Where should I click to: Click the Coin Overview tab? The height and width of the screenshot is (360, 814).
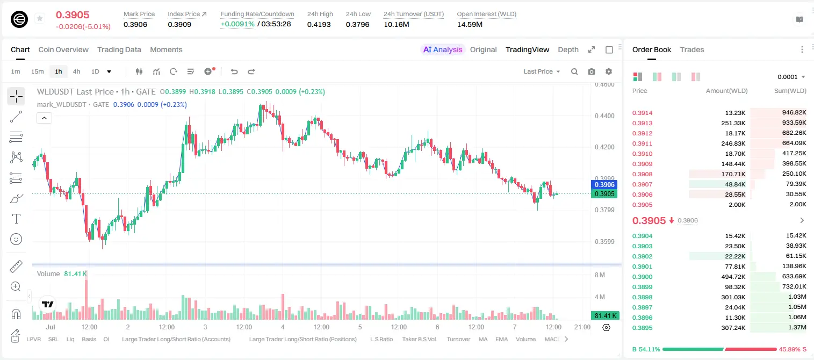click(x=63, y=49)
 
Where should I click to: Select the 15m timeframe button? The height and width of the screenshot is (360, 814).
click(x=37, y=71)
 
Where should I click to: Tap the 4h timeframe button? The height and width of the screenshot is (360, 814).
click(x=76, y=71)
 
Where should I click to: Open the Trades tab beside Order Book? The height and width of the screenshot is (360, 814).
click(x=692, y=49)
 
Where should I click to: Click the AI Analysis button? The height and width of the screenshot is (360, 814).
click(x=443, y=49)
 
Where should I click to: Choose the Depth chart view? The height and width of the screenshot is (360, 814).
click(x=568, y=49)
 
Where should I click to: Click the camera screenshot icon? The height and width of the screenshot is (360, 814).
click(x=592, y=71)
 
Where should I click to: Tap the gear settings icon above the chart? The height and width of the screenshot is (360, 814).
click(x=609, y=71)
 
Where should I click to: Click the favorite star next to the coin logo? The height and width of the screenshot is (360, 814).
click(x=40, y=18)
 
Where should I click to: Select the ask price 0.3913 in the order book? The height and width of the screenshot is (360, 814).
click(x=642, y=123)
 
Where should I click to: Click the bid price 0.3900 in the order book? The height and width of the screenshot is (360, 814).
click(x=642, y=277)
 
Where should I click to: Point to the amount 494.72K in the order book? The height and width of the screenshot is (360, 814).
click(x=733, y=277)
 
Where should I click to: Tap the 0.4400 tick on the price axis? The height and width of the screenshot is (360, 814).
click(x=604, y=116)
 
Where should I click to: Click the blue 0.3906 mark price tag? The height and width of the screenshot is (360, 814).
click(x=604, y=184)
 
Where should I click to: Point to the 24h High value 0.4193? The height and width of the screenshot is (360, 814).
click(x=319, y=24)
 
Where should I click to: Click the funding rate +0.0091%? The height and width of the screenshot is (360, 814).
click(x=237, y=24)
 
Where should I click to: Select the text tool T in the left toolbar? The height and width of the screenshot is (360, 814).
click(x=16, y=219)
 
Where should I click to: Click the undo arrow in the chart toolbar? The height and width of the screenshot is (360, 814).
click(x=234, y=71)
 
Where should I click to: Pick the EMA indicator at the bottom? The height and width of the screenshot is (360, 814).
click(x=501, y=339)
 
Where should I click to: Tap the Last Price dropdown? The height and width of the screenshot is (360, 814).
click(x=542, y=71)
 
